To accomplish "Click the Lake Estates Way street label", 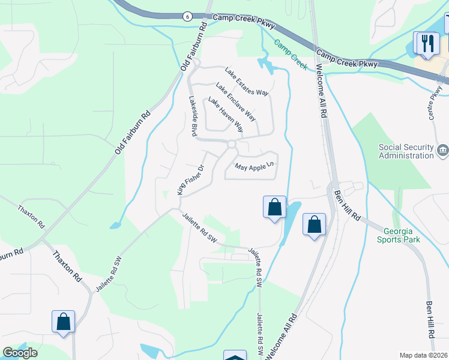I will [x=246, y=82].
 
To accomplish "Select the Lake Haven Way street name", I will [x=226, y=115].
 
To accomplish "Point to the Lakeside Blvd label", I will [x=193, y=117].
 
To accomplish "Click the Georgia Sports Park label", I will [x=399, y=235].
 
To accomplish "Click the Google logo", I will [x=20, y=353].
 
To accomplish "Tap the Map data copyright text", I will [x=424, y=355].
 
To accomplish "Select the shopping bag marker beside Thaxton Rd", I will [x=63, y=322].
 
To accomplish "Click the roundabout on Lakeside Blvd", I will [x=232, y=145].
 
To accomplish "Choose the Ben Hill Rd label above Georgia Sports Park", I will [x=347, y=205].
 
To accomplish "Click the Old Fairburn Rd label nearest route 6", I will [x=193, y=50].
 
